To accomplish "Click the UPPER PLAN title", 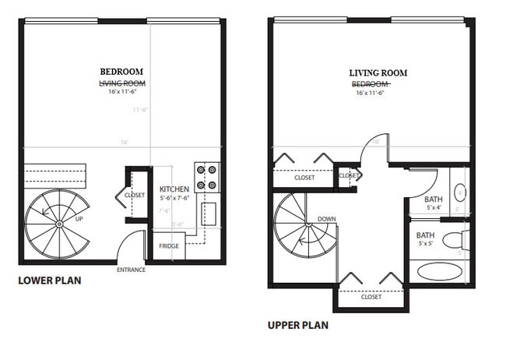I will tap(297, 325).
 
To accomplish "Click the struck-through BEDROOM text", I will tap(371, 83).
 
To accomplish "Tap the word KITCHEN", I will tap(174, 189).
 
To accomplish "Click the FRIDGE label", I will tap(169, 246).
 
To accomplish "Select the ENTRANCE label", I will tap(131, 270).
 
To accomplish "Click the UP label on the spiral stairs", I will tap(79, 219).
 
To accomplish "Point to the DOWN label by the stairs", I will tap(327, 219).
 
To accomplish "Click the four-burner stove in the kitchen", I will tap(206, 177).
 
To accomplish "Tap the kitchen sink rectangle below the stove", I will tap(209, 214).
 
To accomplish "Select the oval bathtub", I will tap(437, 272).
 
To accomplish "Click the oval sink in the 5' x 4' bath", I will tap(460, 193).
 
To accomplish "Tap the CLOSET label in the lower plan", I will tap(135, 194).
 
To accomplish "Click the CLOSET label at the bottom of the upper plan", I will tap(371, 297).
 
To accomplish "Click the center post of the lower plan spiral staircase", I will tap(59, 224).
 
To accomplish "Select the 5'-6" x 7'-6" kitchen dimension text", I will tap(175, 198).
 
